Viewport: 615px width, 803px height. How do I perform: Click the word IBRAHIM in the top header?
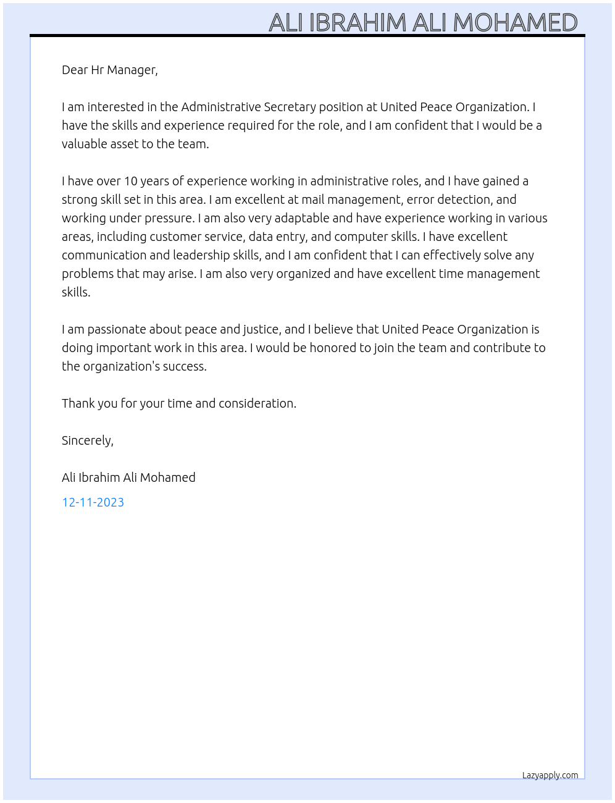[358, 23]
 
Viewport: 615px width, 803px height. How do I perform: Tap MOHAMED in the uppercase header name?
[515, 23]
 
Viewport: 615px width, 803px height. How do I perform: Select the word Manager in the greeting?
[132, 70]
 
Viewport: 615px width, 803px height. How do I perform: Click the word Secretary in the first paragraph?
[290, 107]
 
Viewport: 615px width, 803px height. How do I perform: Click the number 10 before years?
[130, 181]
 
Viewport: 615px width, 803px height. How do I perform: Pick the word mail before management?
[312, 200]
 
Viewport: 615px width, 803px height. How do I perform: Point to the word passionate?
[117, 329]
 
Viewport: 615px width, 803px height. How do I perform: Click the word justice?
[261, 329]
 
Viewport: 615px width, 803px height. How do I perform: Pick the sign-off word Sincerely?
[87, 440]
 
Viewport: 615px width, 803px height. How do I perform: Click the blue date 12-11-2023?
[93, 502]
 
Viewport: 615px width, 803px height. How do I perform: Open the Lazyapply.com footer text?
[550, 775]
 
